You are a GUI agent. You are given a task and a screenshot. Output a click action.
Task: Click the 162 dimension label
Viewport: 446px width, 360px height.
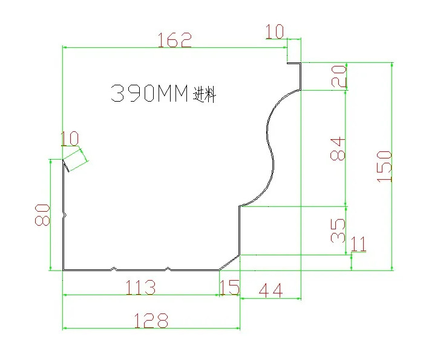click(174, 41)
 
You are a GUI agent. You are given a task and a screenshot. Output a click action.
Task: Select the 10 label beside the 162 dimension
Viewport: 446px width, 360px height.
click(274, 31)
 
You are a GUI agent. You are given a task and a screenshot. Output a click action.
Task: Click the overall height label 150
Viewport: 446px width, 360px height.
click(385, 167)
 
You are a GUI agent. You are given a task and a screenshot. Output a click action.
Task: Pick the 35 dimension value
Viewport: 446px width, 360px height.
click(339, 230)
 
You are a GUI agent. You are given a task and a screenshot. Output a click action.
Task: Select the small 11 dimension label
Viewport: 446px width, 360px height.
click(359, 244)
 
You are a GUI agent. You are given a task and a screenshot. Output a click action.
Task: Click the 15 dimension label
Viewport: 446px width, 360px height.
click(229, 287)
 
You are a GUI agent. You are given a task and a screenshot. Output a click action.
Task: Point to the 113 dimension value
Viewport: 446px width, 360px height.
click(140, 287)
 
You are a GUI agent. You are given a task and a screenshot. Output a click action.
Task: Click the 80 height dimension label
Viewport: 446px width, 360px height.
click(42, 214)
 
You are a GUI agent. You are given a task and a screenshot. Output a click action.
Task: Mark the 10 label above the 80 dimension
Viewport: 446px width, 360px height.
click(70, 139)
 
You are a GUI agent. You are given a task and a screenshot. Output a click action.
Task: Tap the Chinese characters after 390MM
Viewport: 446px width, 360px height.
click(205, 95)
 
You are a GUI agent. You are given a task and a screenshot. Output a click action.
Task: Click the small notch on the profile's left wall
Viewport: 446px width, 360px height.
click(64, 214)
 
